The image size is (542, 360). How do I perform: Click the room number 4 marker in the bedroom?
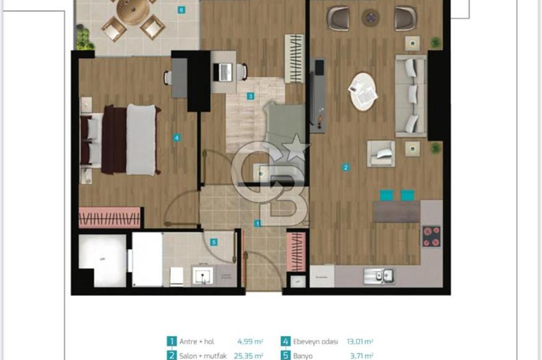177,138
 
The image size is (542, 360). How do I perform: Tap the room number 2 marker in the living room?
345,168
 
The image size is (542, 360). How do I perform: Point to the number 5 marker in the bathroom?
214,242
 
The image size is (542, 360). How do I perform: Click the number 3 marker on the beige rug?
250,97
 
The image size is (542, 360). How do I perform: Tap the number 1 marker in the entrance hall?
258,223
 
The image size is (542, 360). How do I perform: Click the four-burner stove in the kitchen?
431,236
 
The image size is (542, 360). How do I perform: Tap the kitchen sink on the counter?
379,276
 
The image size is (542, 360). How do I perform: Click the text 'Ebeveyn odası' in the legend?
317,342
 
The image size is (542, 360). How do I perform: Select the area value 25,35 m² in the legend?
250,356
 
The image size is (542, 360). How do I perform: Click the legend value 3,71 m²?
361,356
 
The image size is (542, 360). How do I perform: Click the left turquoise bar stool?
386,195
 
